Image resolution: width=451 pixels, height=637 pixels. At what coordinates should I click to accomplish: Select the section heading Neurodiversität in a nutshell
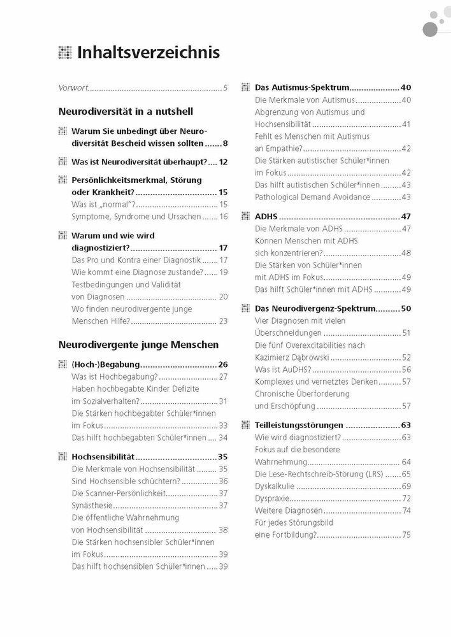coord(126,112)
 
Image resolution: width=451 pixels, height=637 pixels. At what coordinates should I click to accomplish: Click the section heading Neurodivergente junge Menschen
coord(138,345)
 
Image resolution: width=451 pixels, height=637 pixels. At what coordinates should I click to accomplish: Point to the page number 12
coord(223,162)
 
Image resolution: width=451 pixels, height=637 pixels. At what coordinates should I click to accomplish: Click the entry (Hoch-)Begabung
coord(106,365)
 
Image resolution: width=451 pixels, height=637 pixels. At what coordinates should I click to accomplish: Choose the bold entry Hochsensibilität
coord(103,457)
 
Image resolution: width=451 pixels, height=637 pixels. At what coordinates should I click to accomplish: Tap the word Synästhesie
coord(92,505)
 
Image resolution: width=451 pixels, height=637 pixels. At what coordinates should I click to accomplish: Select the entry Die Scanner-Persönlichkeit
coord(119,493)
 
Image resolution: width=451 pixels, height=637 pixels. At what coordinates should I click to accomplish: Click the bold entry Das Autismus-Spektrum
coord(302,87)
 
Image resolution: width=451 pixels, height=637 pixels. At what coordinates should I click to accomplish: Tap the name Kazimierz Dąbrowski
coord(292,357)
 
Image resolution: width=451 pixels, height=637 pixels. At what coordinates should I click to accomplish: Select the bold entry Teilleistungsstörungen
coord(299,425)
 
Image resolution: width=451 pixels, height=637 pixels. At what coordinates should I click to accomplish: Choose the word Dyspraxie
coord(272,499)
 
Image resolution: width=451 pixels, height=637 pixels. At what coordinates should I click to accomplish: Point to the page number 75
coord(406,535)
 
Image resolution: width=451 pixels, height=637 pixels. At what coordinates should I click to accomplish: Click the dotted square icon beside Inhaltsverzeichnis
coord(65,52)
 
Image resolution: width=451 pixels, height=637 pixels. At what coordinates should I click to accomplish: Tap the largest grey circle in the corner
coord(430,30)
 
